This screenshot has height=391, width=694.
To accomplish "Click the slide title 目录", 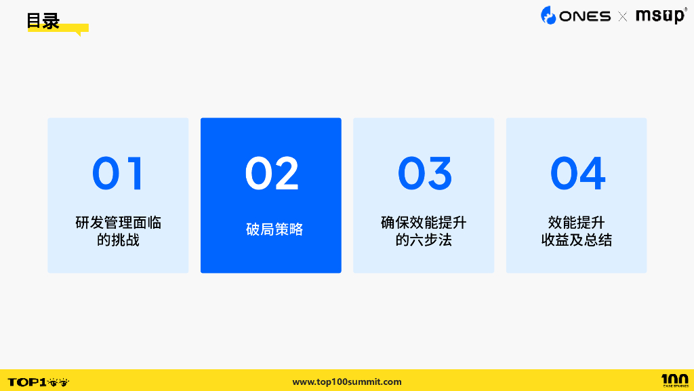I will [43, 21].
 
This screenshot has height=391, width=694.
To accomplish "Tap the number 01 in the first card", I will [118, 174].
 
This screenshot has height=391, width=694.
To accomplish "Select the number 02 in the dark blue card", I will [271, 174].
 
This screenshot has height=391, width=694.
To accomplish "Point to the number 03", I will [424, 174].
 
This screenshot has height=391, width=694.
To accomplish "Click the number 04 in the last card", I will [577, 174].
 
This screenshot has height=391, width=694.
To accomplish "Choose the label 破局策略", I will [274, 229].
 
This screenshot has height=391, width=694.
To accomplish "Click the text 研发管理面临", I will [118, 223].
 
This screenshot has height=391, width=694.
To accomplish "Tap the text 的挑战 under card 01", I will [118, 240].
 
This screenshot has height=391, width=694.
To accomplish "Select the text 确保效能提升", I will [424, 223].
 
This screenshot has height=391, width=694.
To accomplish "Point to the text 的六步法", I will [424, 240].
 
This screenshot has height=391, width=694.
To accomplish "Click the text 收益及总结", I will [577, 240].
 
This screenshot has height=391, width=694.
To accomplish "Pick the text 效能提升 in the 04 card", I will [577, 223].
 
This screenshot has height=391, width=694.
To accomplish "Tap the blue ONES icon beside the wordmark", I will [548, 15].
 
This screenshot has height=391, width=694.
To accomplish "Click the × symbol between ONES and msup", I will [623, 16].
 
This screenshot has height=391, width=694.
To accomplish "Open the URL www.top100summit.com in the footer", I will [347, 381].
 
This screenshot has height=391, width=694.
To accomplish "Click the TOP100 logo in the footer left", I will [38, 381].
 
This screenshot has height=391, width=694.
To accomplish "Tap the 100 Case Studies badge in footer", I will [675, 380].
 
